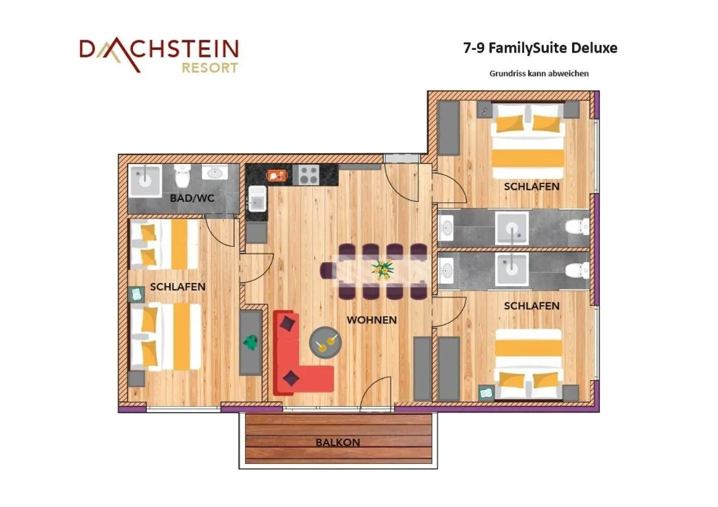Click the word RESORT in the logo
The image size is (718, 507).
pyautogui.click(x=209, y=68)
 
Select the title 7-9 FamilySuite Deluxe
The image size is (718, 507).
pyautogui.click(x=540, y=48)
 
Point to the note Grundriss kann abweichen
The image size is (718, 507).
pyautogui.click(x=539, y=73)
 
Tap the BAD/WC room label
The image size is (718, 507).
pyautogui.click(x=192, y=198)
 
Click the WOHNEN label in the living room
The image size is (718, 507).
pyautogui.click(x=371, y=320)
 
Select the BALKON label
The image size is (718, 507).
pyautogui.click(x=337, y=442)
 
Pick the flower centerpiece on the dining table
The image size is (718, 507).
pyautogui.click(x=382, y=269)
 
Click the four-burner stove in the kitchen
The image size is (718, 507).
pyautogui.click(x=307, y=175)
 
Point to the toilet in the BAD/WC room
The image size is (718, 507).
pyautogui.click(x=183, y=177)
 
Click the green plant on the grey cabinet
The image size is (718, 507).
pyautogui.click(x=251, y=341)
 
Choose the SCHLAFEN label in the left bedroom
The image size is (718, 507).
pyautogui.click(x=177, y=287)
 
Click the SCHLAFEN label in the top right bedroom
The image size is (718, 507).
pyautogui.click(x=531, y=186)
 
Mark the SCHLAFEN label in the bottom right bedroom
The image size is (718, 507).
pyautogui.click(x=531, y=306)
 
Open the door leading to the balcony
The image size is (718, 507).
pyautogui.click(x=376, y=394)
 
